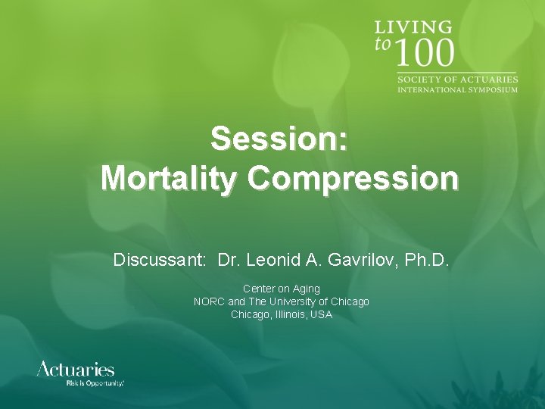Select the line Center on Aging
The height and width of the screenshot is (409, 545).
click(281, 289)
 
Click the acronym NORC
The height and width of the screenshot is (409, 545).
click(209, 301)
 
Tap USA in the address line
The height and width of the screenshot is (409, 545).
click(321, 314)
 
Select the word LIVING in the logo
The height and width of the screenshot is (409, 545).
click(413, 27)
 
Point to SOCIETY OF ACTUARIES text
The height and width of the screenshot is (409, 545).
click(458, 80)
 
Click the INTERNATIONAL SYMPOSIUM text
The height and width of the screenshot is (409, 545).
click(458, 89)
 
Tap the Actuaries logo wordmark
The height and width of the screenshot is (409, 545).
click(76, 370)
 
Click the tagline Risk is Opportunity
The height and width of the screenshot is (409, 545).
click(95, 384)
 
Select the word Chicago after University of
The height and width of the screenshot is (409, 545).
click(350, 301)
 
